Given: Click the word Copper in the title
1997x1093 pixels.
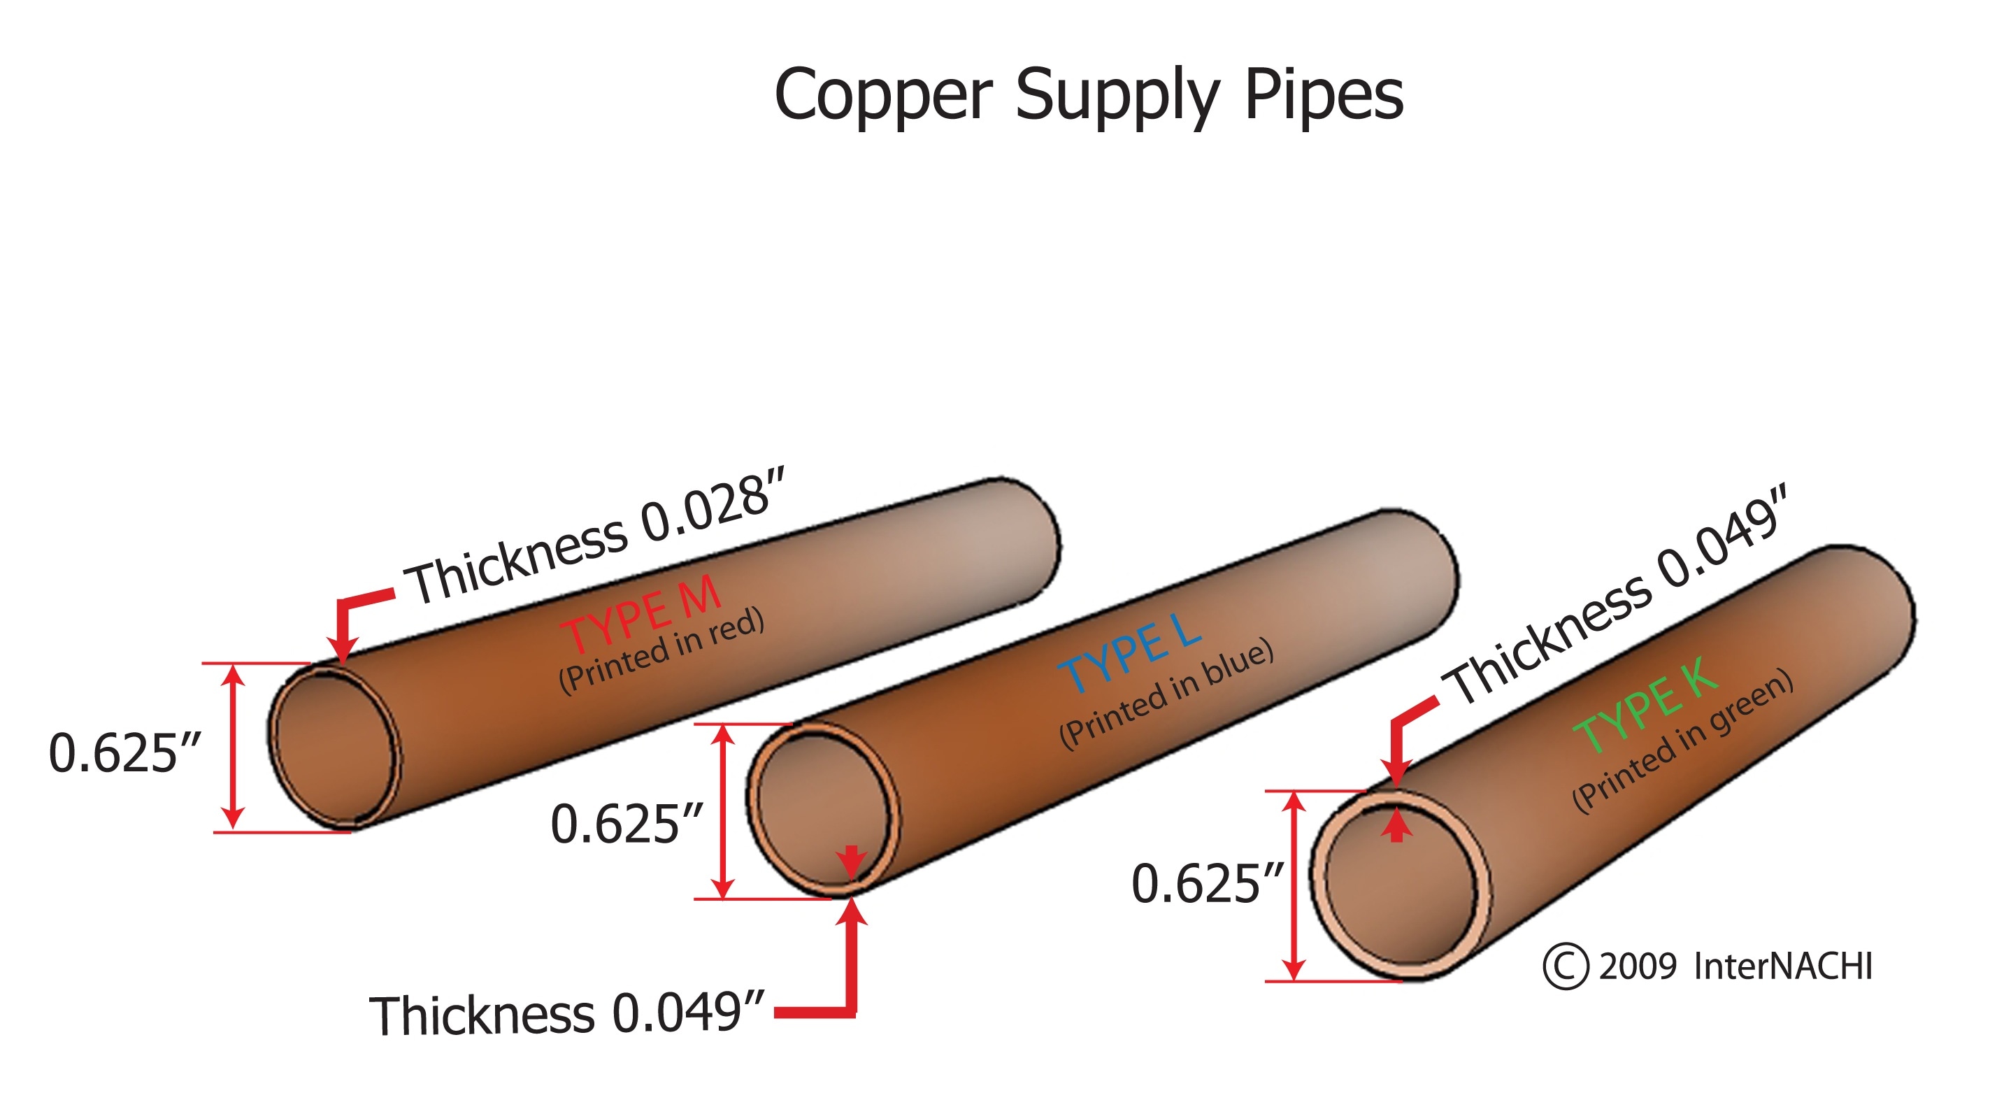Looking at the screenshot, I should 884,94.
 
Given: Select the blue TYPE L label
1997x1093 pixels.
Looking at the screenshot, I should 1130,652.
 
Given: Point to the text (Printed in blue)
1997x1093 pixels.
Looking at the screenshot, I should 1167,693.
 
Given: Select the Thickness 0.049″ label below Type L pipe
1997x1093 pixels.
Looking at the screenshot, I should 566,1014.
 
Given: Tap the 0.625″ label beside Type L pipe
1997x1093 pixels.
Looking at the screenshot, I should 626,823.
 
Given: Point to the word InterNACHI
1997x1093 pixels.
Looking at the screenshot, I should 1783,966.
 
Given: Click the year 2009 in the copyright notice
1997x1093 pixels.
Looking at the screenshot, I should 1638,966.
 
